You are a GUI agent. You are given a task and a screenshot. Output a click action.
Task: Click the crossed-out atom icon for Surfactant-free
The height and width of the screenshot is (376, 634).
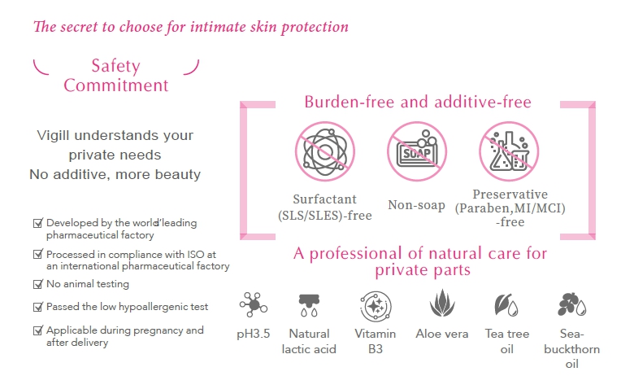click(x=324, y=151)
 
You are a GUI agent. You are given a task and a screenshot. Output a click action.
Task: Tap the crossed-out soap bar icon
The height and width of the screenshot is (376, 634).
click(x=417, y=151)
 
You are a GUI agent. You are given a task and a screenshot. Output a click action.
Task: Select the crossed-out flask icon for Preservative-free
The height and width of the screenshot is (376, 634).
click(x=509, y=151)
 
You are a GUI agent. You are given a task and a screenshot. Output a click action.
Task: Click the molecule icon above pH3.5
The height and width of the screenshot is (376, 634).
click(x=253, y=304)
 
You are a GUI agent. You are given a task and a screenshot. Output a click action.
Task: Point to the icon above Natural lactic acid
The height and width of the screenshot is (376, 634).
click(x=309, y=305)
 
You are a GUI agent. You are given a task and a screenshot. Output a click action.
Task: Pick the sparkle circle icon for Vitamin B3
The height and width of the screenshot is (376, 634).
click(x=376, y=306)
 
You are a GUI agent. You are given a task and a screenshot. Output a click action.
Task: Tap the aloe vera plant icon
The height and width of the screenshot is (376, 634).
click(x=442, y=303)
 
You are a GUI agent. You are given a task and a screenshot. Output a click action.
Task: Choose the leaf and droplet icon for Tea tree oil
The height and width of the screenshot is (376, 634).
click(x=506, y=304)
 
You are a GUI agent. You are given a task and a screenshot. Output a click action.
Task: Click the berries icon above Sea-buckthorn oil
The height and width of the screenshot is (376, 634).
click(x=571, y=304)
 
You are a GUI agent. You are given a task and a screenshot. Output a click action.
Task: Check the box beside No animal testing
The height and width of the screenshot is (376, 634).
click(x=37, y=284)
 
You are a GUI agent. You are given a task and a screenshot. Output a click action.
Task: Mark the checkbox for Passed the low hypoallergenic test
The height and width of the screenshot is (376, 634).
click(x=37, y=307)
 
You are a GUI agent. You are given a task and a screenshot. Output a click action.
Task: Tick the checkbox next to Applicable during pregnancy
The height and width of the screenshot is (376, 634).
click(x=37, y=330)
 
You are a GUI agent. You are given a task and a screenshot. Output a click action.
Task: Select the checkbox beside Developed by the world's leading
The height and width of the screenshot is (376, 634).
click(x=37, y=223)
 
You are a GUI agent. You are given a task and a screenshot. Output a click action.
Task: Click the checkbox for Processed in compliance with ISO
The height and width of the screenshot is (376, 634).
click(x=37, y=254)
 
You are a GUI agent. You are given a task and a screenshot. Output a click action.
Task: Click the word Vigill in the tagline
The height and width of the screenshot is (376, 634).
click(x=53, y=136)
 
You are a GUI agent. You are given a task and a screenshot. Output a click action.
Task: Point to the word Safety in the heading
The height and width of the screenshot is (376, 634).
click(x=115, y=66)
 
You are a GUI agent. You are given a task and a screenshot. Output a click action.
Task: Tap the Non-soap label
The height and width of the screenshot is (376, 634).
click(x=416, y=205)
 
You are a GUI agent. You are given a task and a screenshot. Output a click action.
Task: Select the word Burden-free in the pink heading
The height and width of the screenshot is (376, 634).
click(x=350, y=102)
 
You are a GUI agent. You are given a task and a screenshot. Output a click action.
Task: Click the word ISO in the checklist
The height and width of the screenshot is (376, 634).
click(x=195, y=255)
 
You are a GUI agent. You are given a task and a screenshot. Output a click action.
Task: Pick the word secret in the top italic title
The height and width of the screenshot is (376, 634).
click(x=79, y=27)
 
